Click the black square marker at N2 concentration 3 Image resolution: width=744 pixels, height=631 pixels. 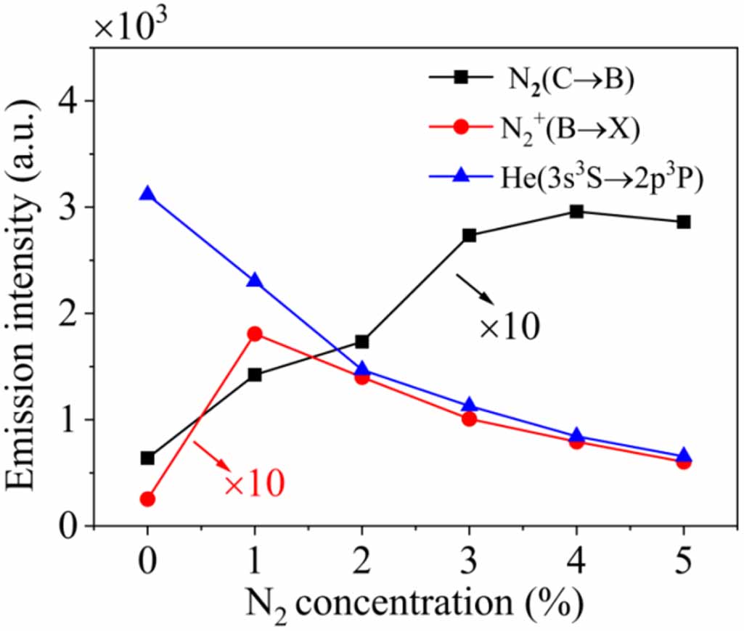pyautogui.click(x=469, y=235)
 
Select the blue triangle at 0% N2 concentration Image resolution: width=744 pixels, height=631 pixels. pyautogui.click(x=147, y=194)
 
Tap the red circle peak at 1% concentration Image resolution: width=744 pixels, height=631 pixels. pyautogui.click(x=254, y=334)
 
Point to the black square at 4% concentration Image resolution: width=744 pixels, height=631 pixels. pyautogui.click(x=576, y=212)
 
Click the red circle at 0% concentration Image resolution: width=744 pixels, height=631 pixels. pyautogui.click(x=147, y=499)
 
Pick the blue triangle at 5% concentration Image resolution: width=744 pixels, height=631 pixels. pyautogui.click(x=684, y=456)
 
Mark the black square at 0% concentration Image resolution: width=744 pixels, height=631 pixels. pyautogui.click(x=147, y=458)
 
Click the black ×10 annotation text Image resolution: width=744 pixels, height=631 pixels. pyautogui.click(x=509, y=328)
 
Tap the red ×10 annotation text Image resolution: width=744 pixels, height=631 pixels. pyautogui.click(x=254, y=484)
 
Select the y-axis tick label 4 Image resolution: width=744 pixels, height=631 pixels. pyautogui.click(x=73, y=101)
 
